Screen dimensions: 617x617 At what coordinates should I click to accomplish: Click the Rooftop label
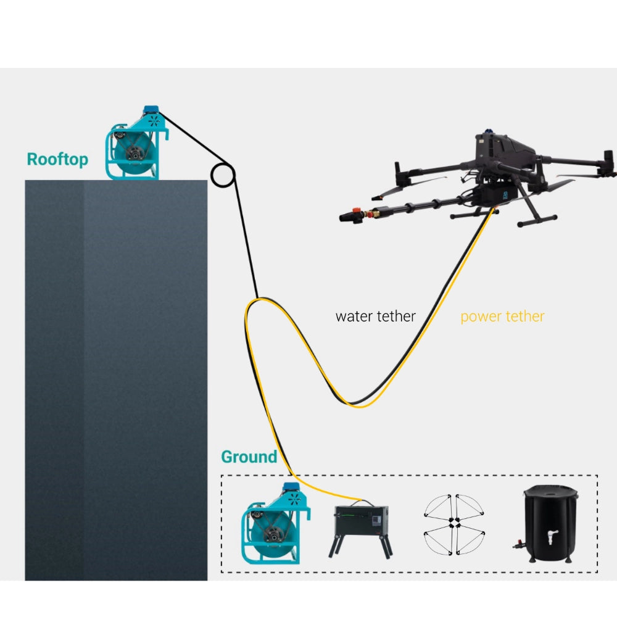[x=57, y=159]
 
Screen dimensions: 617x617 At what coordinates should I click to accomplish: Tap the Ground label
[x=249, y=457]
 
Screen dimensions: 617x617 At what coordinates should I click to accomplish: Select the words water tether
[x=375, y=317]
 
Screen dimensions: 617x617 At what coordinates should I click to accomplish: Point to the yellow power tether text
[x=502, y=317]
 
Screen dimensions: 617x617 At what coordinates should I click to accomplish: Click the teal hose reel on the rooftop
[x=136, y=143]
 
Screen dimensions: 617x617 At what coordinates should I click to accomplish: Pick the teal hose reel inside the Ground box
[x=276, y=524]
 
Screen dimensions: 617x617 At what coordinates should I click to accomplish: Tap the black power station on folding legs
[x=361, y=528]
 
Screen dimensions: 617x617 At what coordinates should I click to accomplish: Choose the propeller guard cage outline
[x=455, y=525]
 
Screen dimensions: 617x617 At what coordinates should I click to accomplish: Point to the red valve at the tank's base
[x=518, y=545]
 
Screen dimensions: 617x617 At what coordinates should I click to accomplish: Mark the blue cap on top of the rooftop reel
[x=151, y=109]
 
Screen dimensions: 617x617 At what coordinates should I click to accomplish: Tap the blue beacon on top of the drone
[x=488, y=131]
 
